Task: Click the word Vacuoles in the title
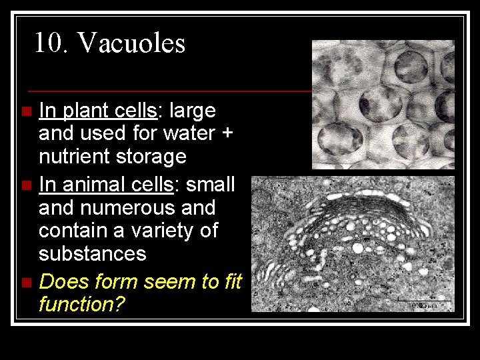[131, 43]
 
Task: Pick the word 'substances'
[92, 254]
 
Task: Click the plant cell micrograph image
[383, 104]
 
